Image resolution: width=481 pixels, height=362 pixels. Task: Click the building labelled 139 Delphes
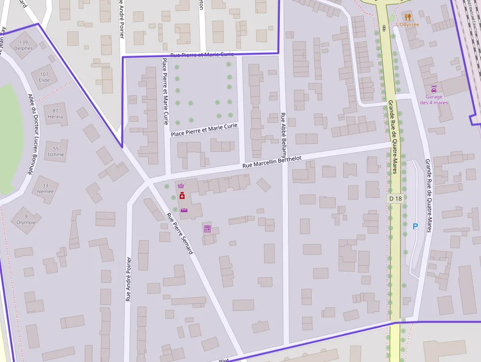(24, 45)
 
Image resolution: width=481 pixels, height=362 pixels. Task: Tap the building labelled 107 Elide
(44, 77)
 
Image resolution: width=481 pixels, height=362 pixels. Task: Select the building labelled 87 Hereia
(55, 113)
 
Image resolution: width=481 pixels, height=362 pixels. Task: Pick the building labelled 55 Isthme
(55, 151)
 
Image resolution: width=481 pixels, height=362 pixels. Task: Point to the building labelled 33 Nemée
(45, 189)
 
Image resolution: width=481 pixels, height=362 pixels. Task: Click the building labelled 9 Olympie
(26, 219)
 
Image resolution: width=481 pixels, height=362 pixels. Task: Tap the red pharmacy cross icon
(182, 196)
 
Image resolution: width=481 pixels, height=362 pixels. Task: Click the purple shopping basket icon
(181, 186)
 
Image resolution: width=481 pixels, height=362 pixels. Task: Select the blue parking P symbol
(415, 226)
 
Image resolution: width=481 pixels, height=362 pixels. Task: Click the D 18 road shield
(395, 198)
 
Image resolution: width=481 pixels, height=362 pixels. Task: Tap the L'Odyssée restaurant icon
(407, 16)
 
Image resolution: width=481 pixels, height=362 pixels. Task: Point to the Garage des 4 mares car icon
(434, 89)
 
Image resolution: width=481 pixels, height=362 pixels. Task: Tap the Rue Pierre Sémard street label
(179, 233)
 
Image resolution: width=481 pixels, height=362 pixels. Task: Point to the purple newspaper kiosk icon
(207, 228)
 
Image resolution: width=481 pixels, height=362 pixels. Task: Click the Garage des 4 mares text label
(434, 100)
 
